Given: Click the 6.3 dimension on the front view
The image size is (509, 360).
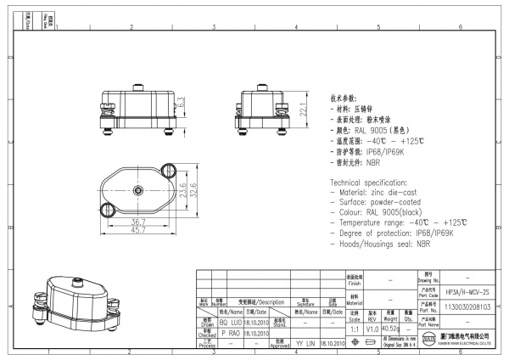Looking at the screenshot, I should point(181,101).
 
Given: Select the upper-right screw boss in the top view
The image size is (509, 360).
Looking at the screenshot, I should point(165,167).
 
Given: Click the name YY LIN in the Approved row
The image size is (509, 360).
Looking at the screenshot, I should point(305,345).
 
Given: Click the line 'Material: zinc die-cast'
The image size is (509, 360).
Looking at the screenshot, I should point(378,194).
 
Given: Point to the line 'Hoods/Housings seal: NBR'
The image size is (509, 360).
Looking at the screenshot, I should point(381,243).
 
